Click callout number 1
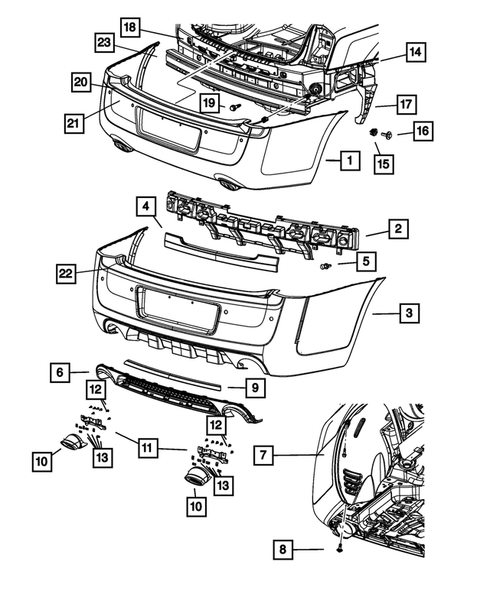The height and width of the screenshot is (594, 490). pos(349,161)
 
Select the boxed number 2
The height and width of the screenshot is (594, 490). pos(398,228)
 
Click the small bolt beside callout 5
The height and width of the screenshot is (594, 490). pos(327,266)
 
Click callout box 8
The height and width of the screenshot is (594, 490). pos(283,549)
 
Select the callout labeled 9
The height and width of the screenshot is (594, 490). pos(256,388)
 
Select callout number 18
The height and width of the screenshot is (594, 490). pos(131,28)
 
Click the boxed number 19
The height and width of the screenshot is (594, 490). pos(208,102)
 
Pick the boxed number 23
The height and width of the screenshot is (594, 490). pos(105,42)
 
